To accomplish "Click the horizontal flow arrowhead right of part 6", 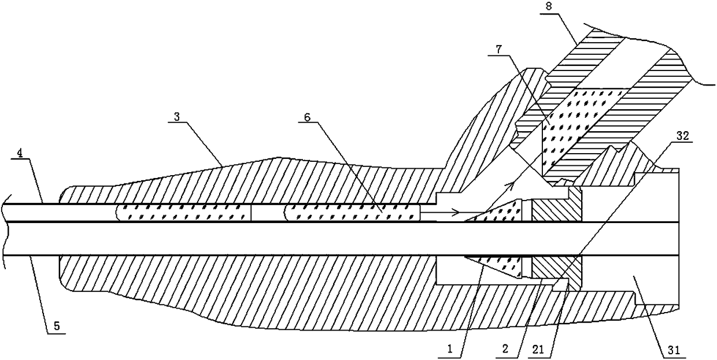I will pos(457,212).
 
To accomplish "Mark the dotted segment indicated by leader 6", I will pos(353,212).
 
